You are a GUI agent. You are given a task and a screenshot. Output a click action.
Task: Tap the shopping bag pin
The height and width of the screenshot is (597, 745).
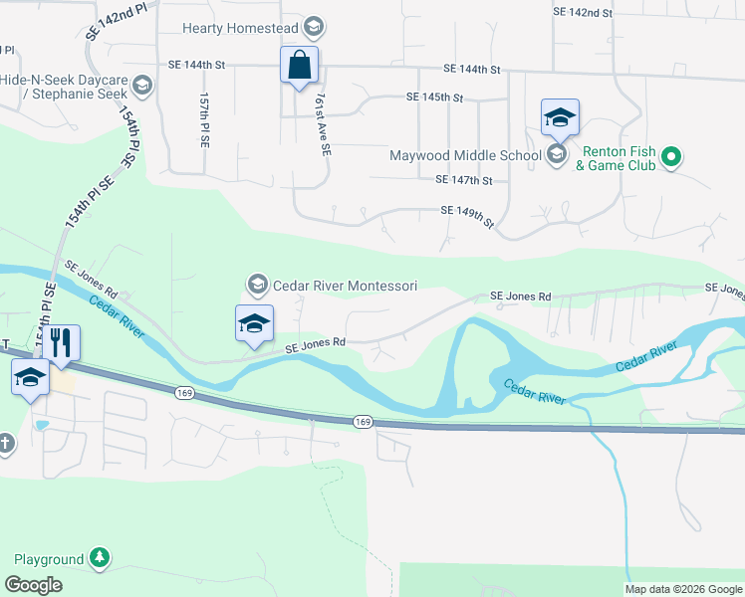pyautogui.click(x=299, y=67)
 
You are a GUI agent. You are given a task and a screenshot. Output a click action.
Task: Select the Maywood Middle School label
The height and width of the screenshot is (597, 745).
pyautogui.click(x=465, y=154)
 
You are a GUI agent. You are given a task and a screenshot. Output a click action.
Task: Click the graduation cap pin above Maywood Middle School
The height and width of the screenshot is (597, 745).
pyautogui.click(x=560, y=118)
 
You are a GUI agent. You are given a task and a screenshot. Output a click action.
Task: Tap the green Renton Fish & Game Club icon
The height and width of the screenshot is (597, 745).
pyautogui.click(x=671, y=156)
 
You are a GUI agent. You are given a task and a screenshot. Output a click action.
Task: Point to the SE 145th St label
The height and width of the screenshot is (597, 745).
pyautogui.click(x=435, y=98)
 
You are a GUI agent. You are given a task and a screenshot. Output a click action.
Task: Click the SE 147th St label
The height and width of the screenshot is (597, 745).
pyautogui.click(x=464, y=180)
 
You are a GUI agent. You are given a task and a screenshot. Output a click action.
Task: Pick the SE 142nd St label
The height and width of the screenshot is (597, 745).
pyautogui.click(x=583, y=12)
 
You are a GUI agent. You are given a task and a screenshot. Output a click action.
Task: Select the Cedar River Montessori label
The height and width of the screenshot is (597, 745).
pyautogui.click(x=344, y=286)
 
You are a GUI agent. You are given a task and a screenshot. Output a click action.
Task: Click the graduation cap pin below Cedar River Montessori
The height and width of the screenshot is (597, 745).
pyautogui.click(x=254, y=323)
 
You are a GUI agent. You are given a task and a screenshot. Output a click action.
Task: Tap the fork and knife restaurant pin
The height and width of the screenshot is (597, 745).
pyautogui.click(x=62, y=344)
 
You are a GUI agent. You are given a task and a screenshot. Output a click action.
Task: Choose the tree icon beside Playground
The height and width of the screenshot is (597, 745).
pyautogui.click(x=100, y=558)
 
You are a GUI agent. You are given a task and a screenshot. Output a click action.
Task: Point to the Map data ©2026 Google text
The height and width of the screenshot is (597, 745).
pyautogui.click(x=683, y=589)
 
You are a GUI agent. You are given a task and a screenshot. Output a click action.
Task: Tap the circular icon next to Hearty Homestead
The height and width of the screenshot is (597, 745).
pyautogui.click(x=315, y=27)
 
